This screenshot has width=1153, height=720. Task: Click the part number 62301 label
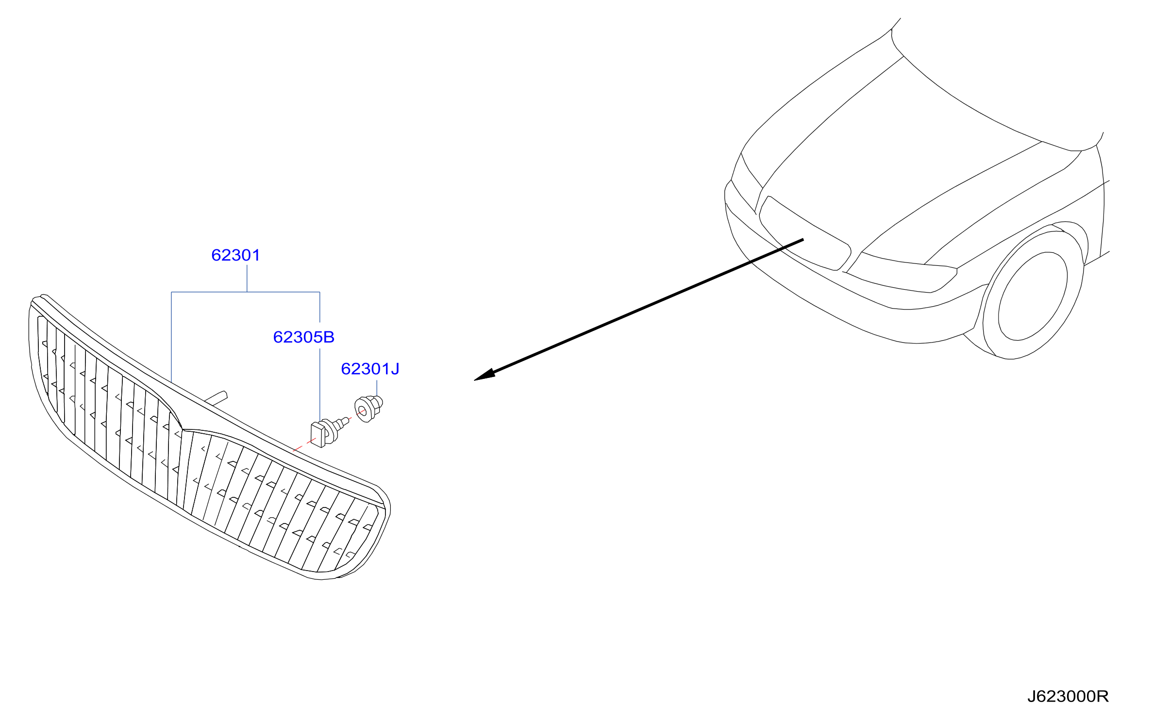click(236, 255)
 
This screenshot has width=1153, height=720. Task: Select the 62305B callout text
click(304, 337)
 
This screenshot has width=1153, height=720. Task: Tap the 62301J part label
click(370, 369)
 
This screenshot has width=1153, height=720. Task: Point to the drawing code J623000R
click(1068, 696)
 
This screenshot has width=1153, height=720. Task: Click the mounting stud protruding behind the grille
click(217, 397)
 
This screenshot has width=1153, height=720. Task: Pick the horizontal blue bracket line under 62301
click(246, 292)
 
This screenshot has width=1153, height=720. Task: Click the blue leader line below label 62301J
click(377, 388)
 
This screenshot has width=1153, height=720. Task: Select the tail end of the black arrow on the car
click(803, 239)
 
